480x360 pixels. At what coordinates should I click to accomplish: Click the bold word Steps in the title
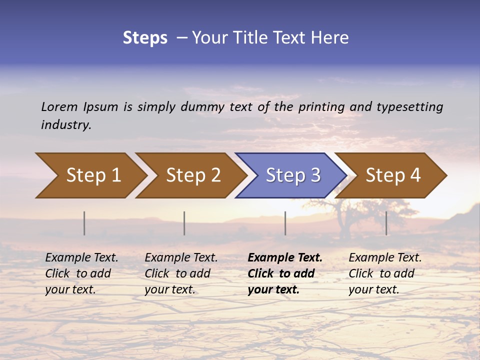(x=145, y=38)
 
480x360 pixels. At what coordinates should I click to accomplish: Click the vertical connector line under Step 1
(x=84, y=223)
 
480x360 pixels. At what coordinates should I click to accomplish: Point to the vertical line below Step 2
(x=184, y=223)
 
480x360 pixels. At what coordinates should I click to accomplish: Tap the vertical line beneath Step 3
(x=285, y=223)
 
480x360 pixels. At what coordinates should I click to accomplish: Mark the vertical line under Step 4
(x=386, y=223)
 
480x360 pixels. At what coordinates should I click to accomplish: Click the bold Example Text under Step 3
(x=285, y=273)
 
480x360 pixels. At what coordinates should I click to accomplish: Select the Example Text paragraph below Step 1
(x=81, y=273)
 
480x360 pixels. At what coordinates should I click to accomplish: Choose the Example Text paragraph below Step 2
(x=181, y=273)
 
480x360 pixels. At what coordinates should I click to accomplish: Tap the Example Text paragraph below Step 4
(x=385, y=273)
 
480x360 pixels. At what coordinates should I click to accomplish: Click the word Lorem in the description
(x=59, y=106)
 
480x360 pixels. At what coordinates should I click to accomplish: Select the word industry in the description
(x=65, y=125)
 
